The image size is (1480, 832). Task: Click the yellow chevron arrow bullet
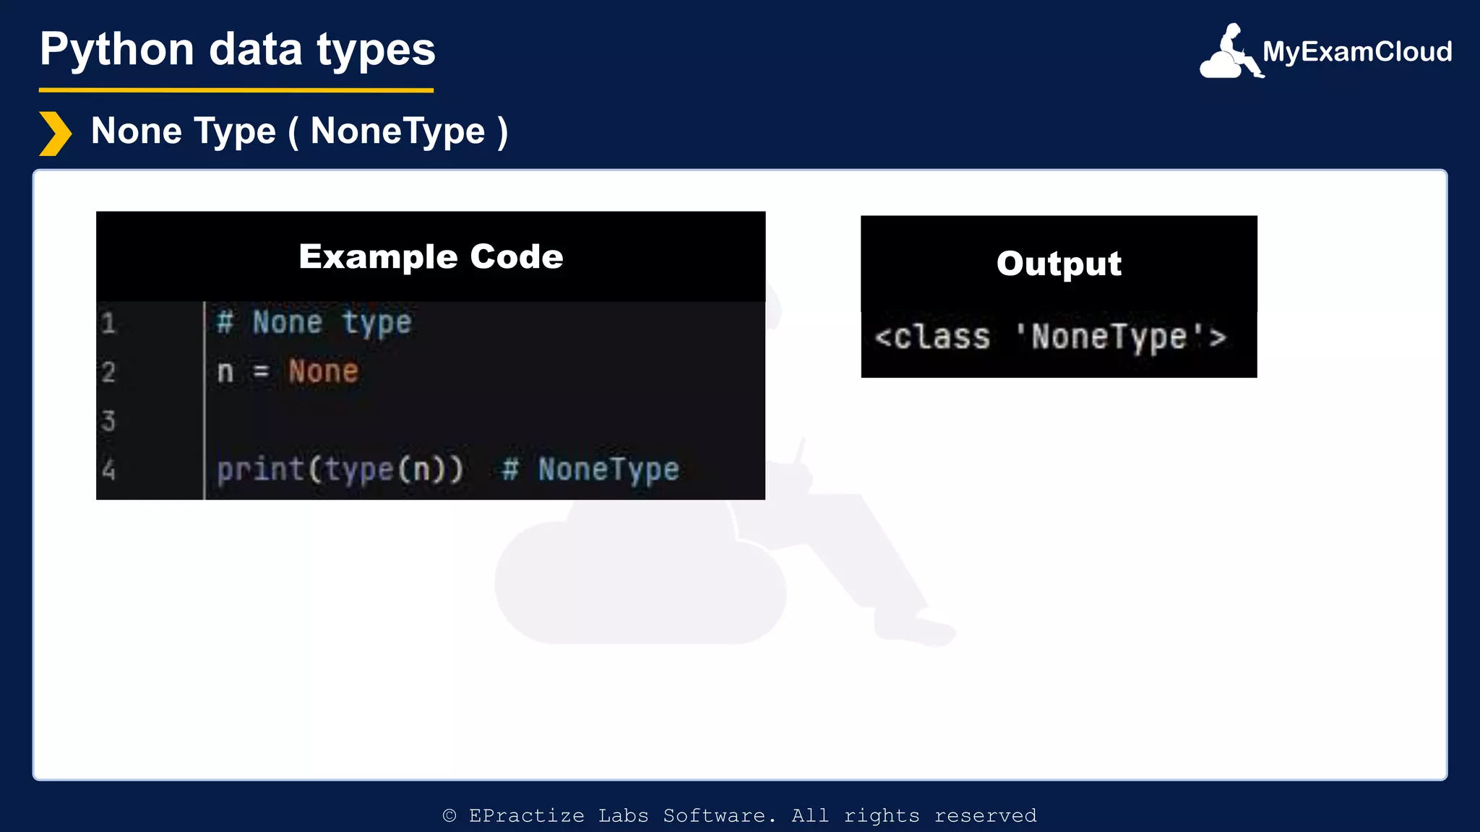point(55,134)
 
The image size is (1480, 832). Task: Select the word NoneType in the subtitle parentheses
point(397,131)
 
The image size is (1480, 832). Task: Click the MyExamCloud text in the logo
point(1357,51)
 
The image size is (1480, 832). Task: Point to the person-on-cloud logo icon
point(1230,52)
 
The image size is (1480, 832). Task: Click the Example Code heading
point(431,256)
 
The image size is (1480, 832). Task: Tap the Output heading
point(1059,263)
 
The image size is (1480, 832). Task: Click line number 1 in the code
point(108,323)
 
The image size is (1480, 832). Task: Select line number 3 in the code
point(108,420)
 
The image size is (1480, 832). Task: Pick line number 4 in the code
point(108,470)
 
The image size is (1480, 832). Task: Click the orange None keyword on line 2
point(323,371)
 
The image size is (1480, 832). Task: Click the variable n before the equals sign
point(225,372)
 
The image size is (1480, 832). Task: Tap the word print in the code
point(260,469)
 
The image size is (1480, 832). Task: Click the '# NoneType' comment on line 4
point(590,469)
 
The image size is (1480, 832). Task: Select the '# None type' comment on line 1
point(314,322)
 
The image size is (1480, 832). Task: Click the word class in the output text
point(941,337)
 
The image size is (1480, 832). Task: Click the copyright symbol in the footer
point(449,815)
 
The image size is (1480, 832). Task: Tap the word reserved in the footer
point(985,815)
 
